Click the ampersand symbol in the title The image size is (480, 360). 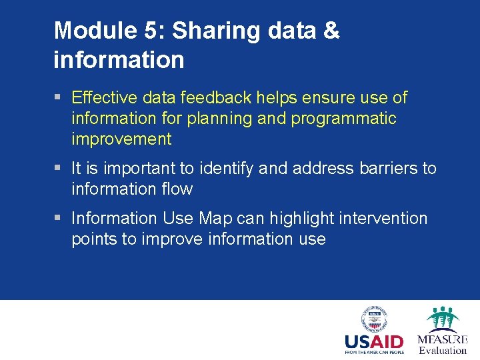[330, 31]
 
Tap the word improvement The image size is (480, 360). [121, 139]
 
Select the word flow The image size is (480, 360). [178, 189]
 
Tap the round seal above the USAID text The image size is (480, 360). [373, 319]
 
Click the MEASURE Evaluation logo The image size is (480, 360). [443, 330]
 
